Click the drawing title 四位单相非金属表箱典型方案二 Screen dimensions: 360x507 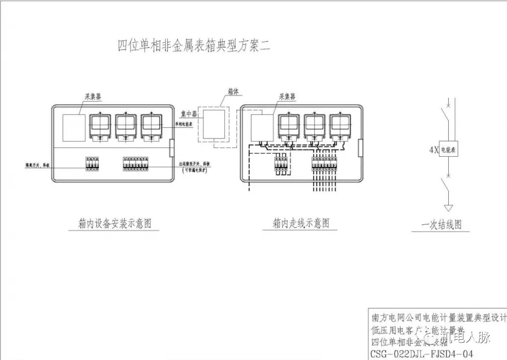pyautogui.click(x=194, y=46)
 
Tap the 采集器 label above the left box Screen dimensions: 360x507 pyautogui.click(x=92, y=97)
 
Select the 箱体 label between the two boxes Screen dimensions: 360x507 pyautogui.click(x=234, y=92)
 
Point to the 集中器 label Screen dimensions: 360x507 pyautogui.click(x=189, y=114)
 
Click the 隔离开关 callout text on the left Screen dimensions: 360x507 pyautogui.click(x=38, y=166)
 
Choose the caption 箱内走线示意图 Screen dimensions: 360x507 pyautogui.click(x=301, y=223)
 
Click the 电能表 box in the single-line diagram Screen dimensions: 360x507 pyautogui.click(x=450, y=150)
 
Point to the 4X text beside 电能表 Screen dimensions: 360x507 pyautogui.click(x=434, y=151)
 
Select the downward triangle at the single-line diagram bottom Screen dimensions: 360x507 pyautogui.click(x=449, y=207)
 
